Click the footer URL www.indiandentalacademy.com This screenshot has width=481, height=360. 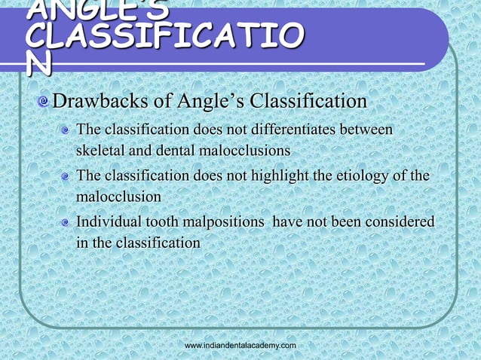240,344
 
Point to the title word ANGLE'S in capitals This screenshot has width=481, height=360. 83,9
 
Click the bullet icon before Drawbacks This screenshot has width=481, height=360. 46,102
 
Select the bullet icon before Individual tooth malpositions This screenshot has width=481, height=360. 68,223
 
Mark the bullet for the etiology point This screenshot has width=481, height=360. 68,177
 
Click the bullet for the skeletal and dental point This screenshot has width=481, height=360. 68,132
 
